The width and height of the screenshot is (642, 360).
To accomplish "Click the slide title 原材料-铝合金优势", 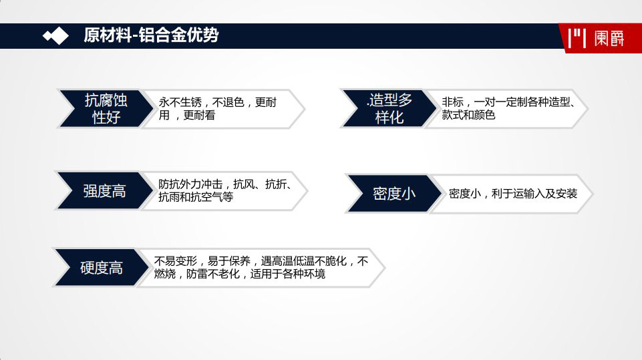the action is coord(151,35).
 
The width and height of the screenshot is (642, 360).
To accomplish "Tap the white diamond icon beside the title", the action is coord(56,36).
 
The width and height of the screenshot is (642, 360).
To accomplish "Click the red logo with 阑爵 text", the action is coord(600,38).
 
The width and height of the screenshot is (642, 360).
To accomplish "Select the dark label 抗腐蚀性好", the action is coord(106,108).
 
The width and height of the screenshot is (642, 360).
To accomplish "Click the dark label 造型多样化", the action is coord(389,108).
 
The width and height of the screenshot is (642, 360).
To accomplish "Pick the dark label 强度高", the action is coord(104,191).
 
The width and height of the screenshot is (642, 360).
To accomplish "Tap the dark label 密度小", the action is coord(394,193).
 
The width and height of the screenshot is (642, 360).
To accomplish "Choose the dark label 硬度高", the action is coord(101,267).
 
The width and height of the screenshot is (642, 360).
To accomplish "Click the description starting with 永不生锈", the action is coord(217,108).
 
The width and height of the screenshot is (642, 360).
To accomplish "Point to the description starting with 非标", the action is coord(508,108).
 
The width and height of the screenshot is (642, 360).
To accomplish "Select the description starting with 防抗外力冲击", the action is coord(224,190).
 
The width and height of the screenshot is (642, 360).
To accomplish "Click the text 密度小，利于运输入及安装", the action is coord(512,193).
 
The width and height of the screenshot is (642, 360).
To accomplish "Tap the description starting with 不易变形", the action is coord(261,267).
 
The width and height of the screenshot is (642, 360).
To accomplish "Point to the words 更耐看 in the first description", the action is coord(199,115).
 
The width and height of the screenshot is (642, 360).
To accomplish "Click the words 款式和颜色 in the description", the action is coord(468,115).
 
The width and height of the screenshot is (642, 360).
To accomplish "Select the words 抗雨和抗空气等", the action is coord(196,197).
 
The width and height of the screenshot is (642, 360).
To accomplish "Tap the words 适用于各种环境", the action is coord(287,274).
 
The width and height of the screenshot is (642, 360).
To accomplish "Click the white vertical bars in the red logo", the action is coord(577,38).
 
